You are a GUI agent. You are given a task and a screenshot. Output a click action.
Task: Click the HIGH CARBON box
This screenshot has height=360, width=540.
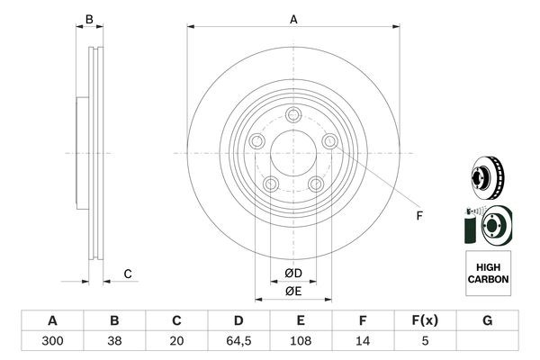(488, 274)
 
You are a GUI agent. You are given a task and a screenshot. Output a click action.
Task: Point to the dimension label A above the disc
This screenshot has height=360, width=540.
(293, 18)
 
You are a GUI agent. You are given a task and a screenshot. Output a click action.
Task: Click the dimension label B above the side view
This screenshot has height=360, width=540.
(88, 19)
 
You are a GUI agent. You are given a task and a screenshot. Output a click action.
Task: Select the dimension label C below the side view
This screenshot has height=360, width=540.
(128, 274)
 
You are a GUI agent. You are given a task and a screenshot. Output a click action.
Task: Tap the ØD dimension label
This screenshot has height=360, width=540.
(292, 274)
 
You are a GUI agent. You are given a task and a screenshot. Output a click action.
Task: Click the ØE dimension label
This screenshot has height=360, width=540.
(292, 291)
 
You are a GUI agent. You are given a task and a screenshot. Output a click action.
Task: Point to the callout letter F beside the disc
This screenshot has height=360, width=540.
(418, 215)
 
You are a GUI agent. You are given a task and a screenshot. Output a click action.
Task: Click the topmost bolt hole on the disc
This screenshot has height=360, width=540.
(293, 114)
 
